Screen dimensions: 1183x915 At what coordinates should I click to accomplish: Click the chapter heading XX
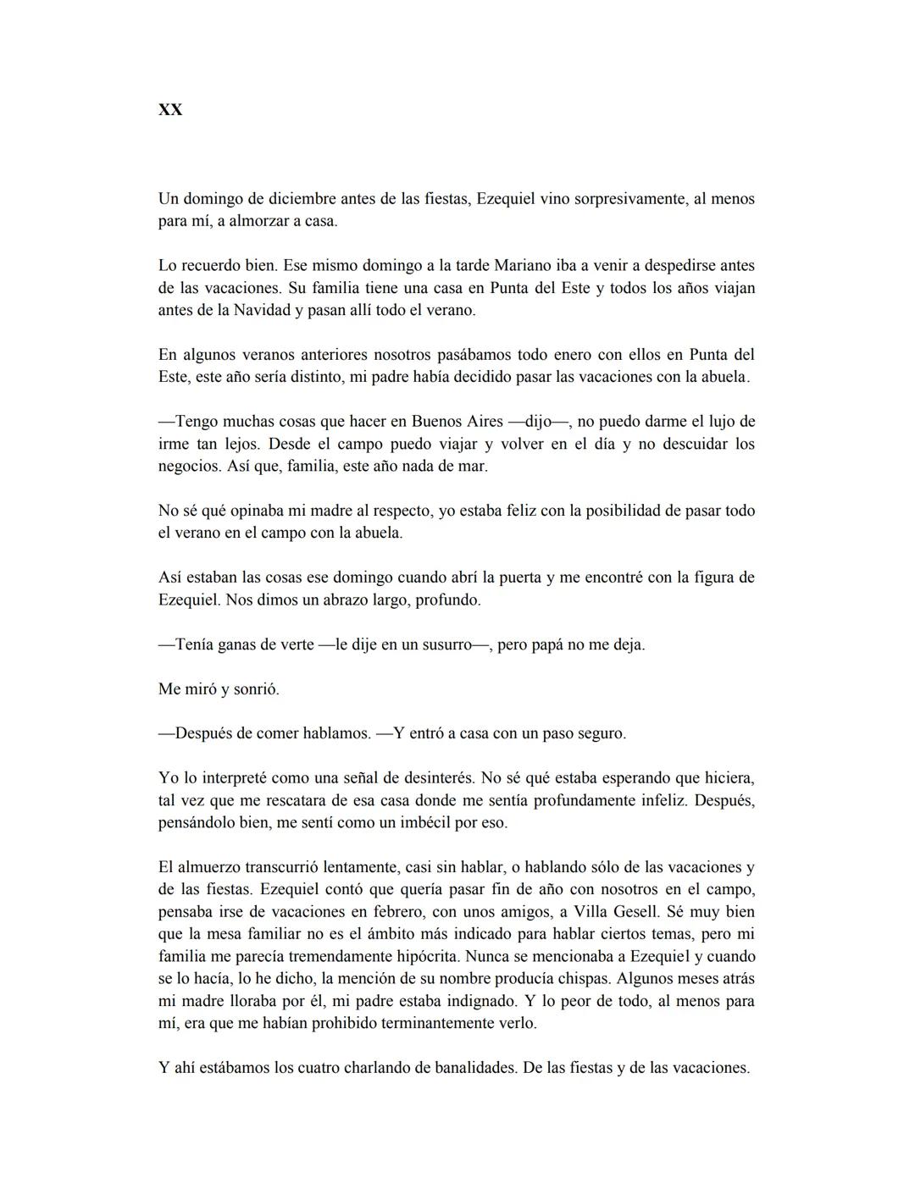click(170, 110)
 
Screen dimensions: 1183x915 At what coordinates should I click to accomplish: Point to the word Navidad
click(259, 310)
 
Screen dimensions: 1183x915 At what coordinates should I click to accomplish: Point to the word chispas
click(574, 979)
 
